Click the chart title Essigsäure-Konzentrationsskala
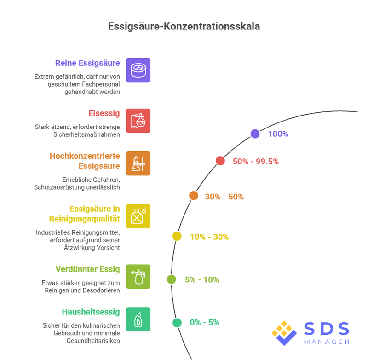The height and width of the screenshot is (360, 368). pos(184,26)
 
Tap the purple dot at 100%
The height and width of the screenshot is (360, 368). pos(255,134)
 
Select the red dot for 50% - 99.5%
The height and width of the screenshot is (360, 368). pos(220,161)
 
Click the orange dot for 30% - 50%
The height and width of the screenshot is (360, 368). pos(194,196)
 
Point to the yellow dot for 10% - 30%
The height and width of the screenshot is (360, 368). pos(177,237)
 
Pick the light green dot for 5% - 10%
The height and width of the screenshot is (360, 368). pos(172,279)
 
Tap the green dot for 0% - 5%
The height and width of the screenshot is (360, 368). pos(177,323)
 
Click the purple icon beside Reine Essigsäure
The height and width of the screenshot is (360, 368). pos(138,70)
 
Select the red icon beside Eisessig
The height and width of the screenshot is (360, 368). pos(138,121)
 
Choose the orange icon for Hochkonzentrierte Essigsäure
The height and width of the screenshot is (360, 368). pos(138,163)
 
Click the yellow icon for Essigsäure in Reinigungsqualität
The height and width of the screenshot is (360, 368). pos(138,216)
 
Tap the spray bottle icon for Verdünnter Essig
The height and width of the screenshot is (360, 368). pos(138,276)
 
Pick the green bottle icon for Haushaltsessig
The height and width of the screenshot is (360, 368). pos(138,319)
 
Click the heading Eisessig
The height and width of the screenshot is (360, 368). pos(103,113)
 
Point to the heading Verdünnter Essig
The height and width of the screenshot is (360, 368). pos(87,269)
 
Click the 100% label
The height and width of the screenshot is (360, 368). pos(278,134)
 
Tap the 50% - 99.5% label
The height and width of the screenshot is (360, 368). pos(256,161)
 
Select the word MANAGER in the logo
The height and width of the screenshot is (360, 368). pos(327,342)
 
